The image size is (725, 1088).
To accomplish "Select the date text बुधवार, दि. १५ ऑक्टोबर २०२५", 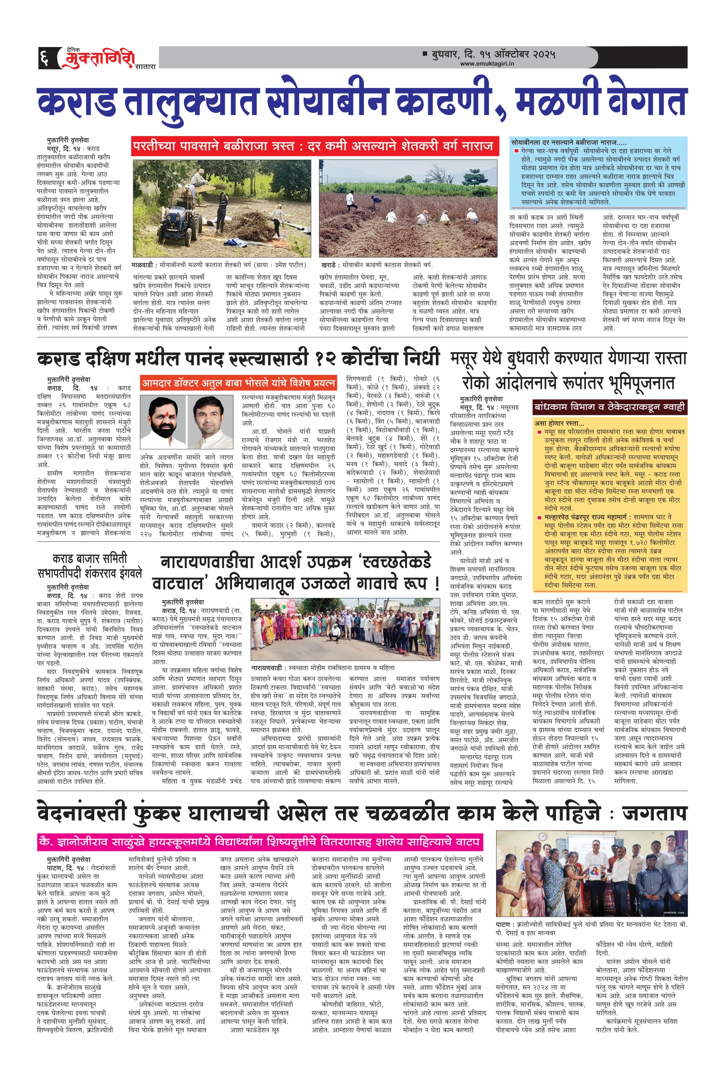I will (x=493, y=54).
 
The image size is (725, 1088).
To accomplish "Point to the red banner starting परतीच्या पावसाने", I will (x=314, y=146).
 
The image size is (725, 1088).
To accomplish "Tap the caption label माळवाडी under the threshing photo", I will (x=142, y=265).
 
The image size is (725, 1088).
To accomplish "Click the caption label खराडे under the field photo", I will (x=329, y=265).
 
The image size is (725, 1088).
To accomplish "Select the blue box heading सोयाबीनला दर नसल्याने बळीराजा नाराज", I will (x=568, y=142).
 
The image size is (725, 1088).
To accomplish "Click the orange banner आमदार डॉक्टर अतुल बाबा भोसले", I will (x=238, y=383).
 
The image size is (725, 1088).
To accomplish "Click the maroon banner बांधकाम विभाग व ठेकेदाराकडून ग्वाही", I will (x=609, y=408).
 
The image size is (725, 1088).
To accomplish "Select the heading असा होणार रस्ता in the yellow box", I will (x=560, y=423).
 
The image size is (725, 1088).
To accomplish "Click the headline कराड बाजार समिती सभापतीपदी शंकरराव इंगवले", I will (x=90, y=566).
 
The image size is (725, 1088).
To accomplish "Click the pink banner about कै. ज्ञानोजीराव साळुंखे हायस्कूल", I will (x=260, y=841).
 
